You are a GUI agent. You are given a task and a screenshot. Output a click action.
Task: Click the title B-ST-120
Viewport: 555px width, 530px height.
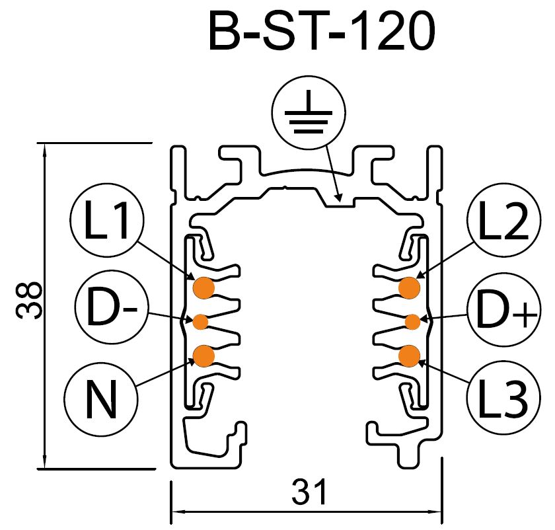pos(322,31)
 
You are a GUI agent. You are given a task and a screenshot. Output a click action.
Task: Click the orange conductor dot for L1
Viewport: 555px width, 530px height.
pos(203,287)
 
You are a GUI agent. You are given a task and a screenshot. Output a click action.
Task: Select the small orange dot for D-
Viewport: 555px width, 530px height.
pos(200,322)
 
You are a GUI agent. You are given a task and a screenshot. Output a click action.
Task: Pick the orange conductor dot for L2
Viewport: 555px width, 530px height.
pos(410,287)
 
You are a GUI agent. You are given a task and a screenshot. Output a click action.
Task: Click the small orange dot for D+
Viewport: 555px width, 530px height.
pos(412,322)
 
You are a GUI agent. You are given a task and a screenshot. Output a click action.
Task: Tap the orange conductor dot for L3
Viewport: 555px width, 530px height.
pos(410,356)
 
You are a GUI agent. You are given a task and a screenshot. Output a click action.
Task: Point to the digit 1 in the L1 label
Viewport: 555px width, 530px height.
pos(121,225)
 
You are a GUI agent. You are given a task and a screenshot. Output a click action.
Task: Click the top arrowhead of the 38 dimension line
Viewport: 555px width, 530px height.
pos(44,149)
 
